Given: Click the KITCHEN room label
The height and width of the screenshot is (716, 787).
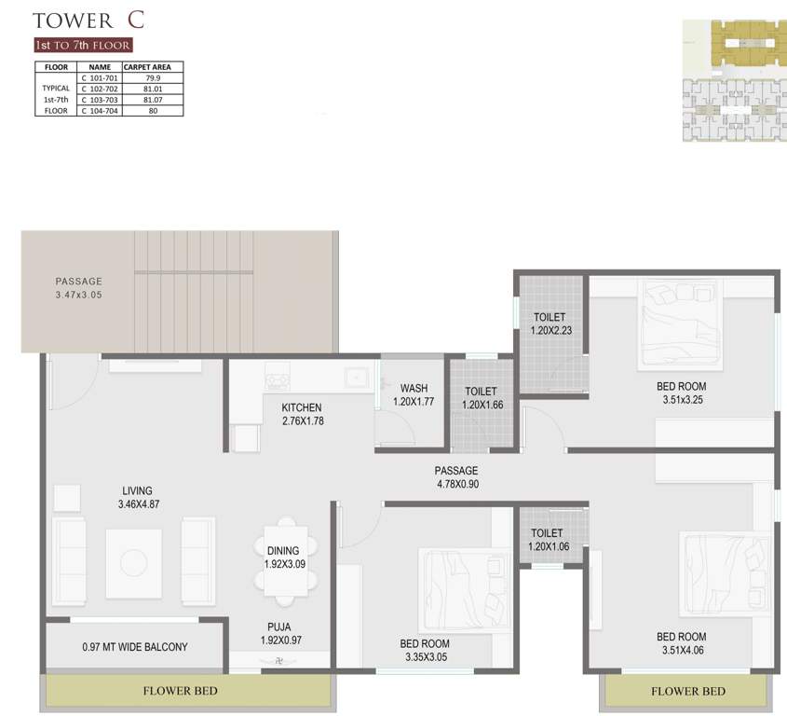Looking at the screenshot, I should [302, 407].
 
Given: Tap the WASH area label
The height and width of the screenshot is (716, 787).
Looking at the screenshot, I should [414, 388].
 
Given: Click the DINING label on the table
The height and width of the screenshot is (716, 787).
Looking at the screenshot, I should [283, 551].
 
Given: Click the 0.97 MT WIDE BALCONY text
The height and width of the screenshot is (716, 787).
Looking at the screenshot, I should [135, 647].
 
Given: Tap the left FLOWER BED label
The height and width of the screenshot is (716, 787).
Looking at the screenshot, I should [181, 691].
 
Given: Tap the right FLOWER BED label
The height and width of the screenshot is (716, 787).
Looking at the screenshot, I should [688, 691].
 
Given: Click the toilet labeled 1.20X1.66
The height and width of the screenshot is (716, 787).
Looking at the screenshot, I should [481, 406].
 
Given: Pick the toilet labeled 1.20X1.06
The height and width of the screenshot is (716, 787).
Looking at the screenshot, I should [550, 547].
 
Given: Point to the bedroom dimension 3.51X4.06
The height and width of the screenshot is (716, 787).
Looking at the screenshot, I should [682, 651].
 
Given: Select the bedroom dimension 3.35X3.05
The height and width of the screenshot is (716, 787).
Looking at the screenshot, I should [425, 657].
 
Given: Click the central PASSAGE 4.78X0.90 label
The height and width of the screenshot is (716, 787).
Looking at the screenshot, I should [455, 484].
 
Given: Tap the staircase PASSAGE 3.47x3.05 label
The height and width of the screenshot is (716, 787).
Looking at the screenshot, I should [78, 295].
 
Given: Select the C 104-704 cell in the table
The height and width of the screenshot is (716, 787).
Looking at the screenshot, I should [100, 110].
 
